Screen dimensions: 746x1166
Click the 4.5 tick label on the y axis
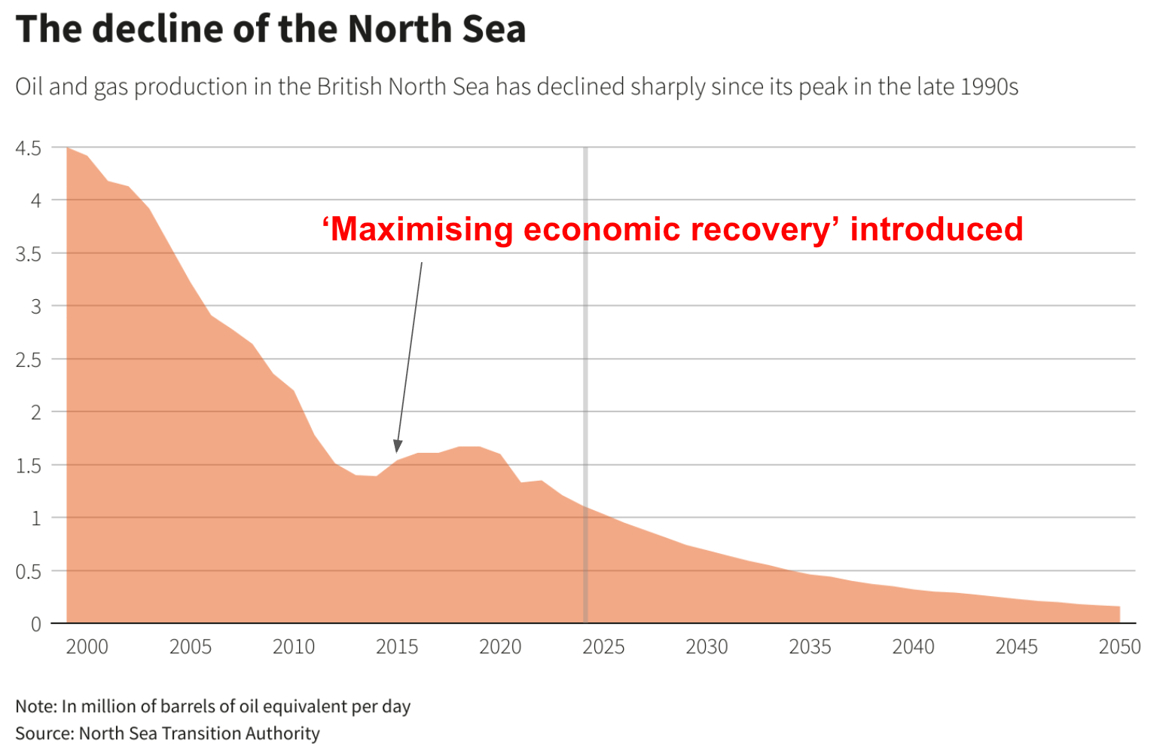(x=28, y=148)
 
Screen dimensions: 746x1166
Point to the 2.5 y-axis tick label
(x=28, y=359)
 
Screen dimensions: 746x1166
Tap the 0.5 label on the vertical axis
(x=28, y=571)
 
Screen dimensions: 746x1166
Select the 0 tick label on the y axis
(x=35, y=624)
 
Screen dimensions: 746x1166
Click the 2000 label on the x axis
(x=87, y=647)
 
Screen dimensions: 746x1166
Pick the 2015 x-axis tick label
(x=397, y=647)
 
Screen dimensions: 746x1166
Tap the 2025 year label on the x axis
(x=603, y=647)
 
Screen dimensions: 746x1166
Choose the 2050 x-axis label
(x=1119, y=647)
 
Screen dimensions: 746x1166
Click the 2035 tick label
(x=810, y=647)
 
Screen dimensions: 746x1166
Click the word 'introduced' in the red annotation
(x=936, y=229)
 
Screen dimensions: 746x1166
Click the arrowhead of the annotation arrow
(x=398, y=446)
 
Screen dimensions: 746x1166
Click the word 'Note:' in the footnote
(x=35, y=707)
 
